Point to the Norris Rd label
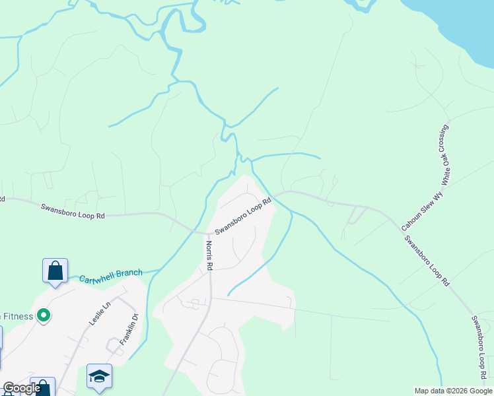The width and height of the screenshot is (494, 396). (x=209, y=255)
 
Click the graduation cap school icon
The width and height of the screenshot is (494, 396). (x=99, y=376)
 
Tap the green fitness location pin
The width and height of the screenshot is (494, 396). (x=44, y=316)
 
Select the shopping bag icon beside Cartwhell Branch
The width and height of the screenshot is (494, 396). (x=55, y=271)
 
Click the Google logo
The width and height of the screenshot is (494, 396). (x=22, y=388)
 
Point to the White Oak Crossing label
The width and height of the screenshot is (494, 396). (x=446, y=153)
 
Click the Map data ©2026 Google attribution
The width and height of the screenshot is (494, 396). (x=452, y=391)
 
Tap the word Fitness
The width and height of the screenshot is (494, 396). (x=16, y=316)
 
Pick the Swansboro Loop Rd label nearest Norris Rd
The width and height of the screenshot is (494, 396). (x=244, y=216)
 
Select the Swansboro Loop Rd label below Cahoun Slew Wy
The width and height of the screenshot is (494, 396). (x=427, y=260)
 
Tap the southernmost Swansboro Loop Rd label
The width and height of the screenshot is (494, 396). (x=478, y=350)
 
